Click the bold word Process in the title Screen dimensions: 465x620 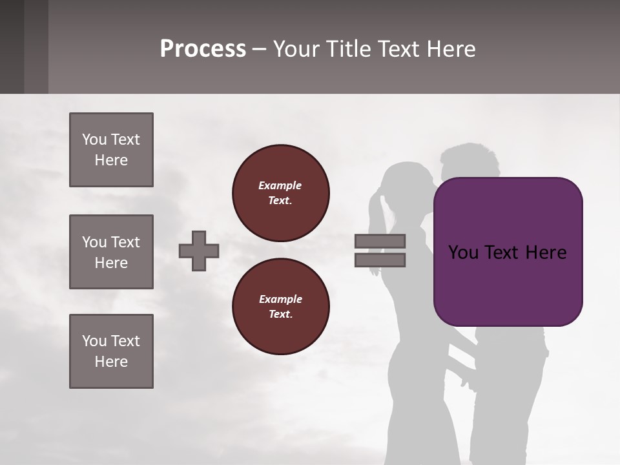(x=203, y=49)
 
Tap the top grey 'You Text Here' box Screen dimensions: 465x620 (x=111, y=150)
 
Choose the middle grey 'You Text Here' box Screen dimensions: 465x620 (x=111, y=252)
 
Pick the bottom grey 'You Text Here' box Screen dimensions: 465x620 (x=111, y=351)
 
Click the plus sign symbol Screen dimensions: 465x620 (x=199, y=251)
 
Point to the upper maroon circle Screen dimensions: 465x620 (x=280, y=192)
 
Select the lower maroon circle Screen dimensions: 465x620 (x=280, y=306)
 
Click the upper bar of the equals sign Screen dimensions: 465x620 (x=380, y=242)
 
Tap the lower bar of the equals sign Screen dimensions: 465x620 (x=380, y=260)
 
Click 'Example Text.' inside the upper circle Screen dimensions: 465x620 (x=280, y=192)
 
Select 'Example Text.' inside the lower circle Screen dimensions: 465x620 (x=280, y=306)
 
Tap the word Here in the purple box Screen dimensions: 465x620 (x=546, y=253)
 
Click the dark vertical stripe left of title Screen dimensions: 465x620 (x=36, y=46)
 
